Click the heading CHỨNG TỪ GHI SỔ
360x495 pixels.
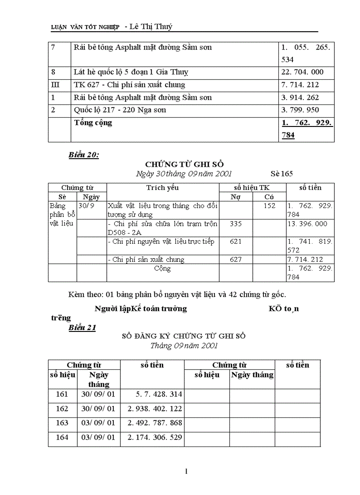pyautogui.click(x=184, y=164)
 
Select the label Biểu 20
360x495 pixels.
pyautogui.click(x=84, y=155)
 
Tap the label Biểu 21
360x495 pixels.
pyautogui.click(x=82, y=328)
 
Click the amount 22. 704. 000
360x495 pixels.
pyautogui.click(x=302, y=72)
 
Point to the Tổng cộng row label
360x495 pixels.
pyautogui.click(x=93, y=123)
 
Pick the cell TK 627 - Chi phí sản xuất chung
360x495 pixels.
pyautogui.click(x=130, y=85)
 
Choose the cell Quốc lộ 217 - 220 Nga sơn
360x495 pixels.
pyautogui.click(x=120, y=110)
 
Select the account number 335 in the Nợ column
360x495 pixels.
pyautogui.click(x=236, y=224)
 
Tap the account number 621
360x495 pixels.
pyautogui.click(x=236, y=242)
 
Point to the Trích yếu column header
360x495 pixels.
pyautogui.click(x=162, y=188)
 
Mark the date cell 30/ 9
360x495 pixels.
pyautogui.click(x=86, y=205)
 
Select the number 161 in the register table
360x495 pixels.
pyautogui.click(x=62, y=394)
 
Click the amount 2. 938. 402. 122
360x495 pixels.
pyautogui.click(x=155, y=409)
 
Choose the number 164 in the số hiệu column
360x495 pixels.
pyautogui.click(x=62, y=437)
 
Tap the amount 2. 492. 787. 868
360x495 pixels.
pyautogui.click(x=155, y=423)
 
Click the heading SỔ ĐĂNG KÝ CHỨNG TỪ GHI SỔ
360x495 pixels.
pyautogui.click(x=184, y=336)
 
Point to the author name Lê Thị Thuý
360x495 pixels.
pyautogui.click(x=149, y=27)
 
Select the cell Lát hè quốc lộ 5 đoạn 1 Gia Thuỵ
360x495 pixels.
pyautogui.click(x=134, y=72)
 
